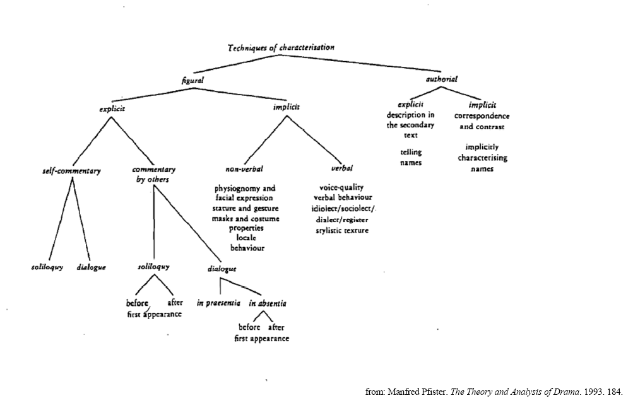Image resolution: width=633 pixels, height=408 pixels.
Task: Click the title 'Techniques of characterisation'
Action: (281, 47)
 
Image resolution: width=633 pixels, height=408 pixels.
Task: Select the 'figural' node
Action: (193, 80)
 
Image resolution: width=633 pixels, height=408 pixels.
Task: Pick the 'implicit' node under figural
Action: (287, 107)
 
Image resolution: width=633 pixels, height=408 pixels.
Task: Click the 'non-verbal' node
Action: (244, 169)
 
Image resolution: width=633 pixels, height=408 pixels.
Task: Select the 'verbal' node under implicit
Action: (342, 169)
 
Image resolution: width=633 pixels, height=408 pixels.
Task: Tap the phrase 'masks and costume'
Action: (246, 218)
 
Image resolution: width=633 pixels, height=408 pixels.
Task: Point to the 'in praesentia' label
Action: (218, 303)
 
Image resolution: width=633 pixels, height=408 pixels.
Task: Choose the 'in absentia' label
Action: (268, 303)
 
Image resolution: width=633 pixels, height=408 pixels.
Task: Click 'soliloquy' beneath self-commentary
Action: (47, 267)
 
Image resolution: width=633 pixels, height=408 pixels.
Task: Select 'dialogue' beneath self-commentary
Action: (91, 267)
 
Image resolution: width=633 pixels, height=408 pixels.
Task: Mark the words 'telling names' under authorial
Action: (411, 157)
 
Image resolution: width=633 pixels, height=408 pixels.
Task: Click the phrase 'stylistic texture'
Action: (342, 231)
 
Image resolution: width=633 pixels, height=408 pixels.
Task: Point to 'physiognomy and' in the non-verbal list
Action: (245, 189)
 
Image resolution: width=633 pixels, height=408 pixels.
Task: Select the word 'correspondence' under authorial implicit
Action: (482, 116)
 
